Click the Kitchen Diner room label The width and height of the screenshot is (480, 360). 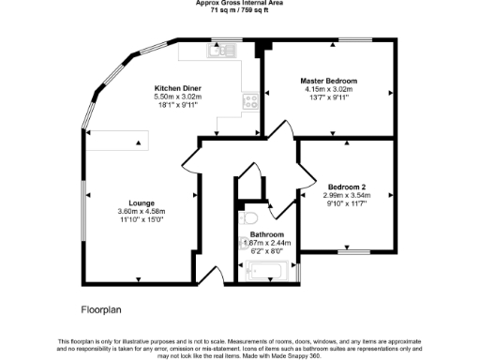coord(177,88)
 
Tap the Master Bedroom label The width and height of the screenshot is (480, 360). coord(328,81)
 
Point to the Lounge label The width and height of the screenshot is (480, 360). coord(142,203)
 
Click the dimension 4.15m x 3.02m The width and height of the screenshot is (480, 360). coord(328,89)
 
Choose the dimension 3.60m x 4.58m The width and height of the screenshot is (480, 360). coord(142,212)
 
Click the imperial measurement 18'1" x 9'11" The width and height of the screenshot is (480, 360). coord(177,106)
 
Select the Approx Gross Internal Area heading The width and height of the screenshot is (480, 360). coord(239,2)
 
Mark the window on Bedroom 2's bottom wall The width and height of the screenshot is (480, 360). coord(352,251)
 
